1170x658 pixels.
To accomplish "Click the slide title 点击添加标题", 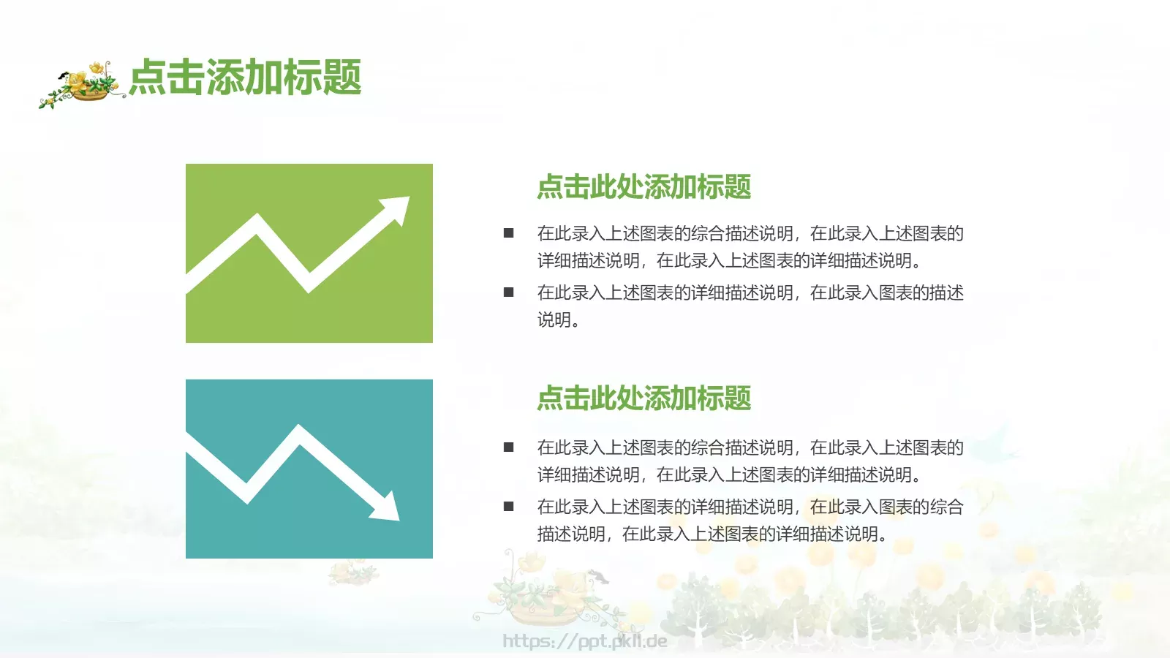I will [246, 77].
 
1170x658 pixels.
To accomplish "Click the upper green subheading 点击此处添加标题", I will [643, 187].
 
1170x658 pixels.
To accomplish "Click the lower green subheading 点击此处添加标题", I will [643, 398].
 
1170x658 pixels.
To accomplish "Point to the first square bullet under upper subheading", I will [509, 233].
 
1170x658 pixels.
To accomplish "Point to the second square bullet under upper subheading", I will [509, 292].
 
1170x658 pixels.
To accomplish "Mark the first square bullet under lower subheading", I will [509, 447].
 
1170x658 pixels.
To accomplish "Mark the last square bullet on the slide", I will [509, 507].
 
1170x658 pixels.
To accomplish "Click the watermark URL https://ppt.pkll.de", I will [585, 641].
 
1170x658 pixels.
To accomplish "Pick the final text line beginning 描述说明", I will [713, 534].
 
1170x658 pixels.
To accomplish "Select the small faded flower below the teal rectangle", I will [353, 572].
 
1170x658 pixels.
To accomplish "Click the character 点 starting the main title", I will [148, 77].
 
